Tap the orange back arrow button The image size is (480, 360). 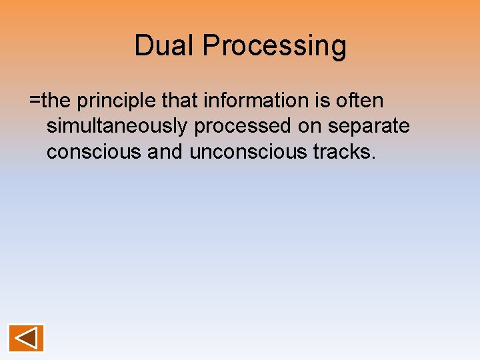point(26,338)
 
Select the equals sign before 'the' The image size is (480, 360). point(35,101)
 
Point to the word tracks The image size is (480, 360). point(342,152)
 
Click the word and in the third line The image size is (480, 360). point(165,152)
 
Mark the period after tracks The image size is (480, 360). point(374,158)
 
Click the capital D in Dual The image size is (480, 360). point(143,46)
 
